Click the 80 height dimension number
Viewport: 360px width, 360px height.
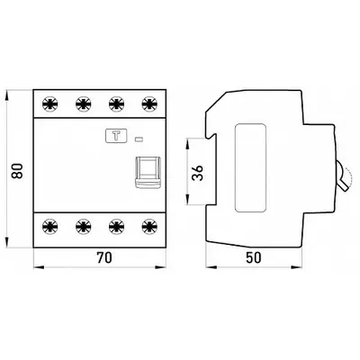click(17, 171)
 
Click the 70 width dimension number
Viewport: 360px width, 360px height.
click(104, 257)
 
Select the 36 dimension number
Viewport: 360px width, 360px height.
click(198, 173)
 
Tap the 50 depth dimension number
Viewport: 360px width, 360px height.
click(254, 257)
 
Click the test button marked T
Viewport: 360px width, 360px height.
click(116, 136)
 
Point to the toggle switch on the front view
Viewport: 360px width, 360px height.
click(148, 173)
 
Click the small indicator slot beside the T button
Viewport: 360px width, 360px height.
click(139, 139)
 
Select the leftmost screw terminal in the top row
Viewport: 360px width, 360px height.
click(50, 104)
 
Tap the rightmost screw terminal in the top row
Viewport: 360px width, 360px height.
click(149, 104)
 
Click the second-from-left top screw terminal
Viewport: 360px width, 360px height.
click(84, 104)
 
